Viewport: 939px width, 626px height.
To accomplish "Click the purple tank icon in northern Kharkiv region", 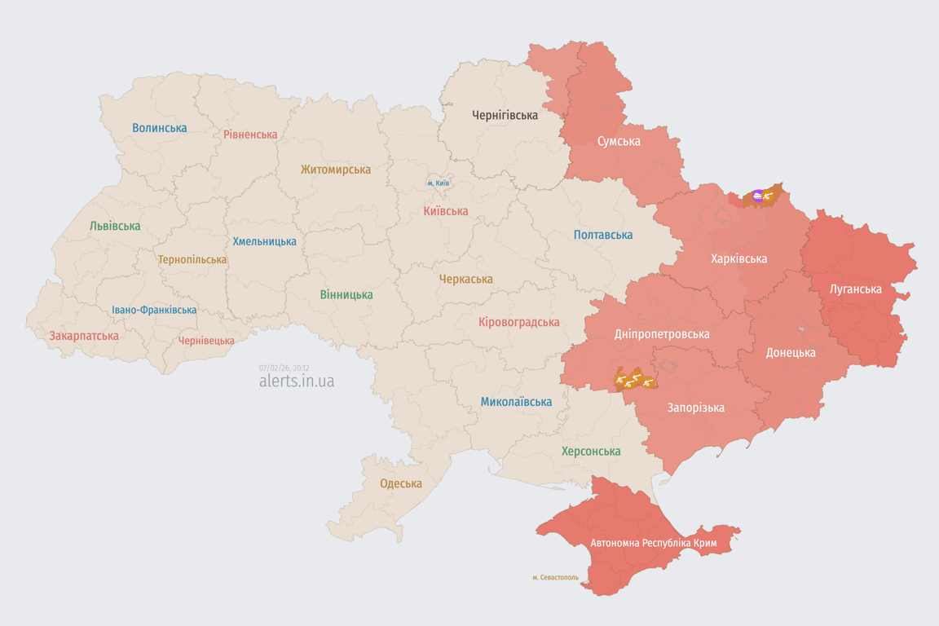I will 758,196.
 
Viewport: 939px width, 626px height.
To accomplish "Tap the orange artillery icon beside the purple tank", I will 769,196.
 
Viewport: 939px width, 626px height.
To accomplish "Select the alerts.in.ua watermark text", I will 296,381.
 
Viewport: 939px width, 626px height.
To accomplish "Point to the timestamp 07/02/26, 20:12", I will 284,368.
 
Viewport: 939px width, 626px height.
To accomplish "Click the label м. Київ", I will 438,183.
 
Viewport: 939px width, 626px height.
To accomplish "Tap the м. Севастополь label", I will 555,578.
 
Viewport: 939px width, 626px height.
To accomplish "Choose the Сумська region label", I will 619,141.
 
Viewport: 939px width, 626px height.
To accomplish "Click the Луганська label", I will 855,289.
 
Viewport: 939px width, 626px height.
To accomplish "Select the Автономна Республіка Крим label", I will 653,543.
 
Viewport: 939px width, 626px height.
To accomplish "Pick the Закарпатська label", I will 84,336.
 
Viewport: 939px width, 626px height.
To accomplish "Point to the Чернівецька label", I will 206,341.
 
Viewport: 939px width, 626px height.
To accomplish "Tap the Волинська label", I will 159,128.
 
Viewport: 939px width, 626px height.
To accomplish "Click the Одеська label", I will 401,483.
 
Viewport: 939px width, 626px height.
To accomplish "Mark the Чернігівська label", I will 505,115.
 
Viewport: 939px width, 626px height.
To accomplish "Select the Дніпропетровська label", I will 662,334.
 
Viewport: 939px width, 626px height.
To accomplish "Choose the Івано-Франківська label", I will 154,310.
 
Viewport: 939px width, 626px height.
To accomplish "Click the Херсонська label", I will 591,451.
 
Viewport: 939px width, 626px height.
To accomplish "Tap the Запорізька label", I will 695,408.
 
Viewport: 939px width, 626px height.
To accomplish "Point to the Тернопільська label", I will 192,259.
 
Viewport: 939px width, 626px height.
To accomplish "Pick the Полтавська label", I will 603,235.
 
